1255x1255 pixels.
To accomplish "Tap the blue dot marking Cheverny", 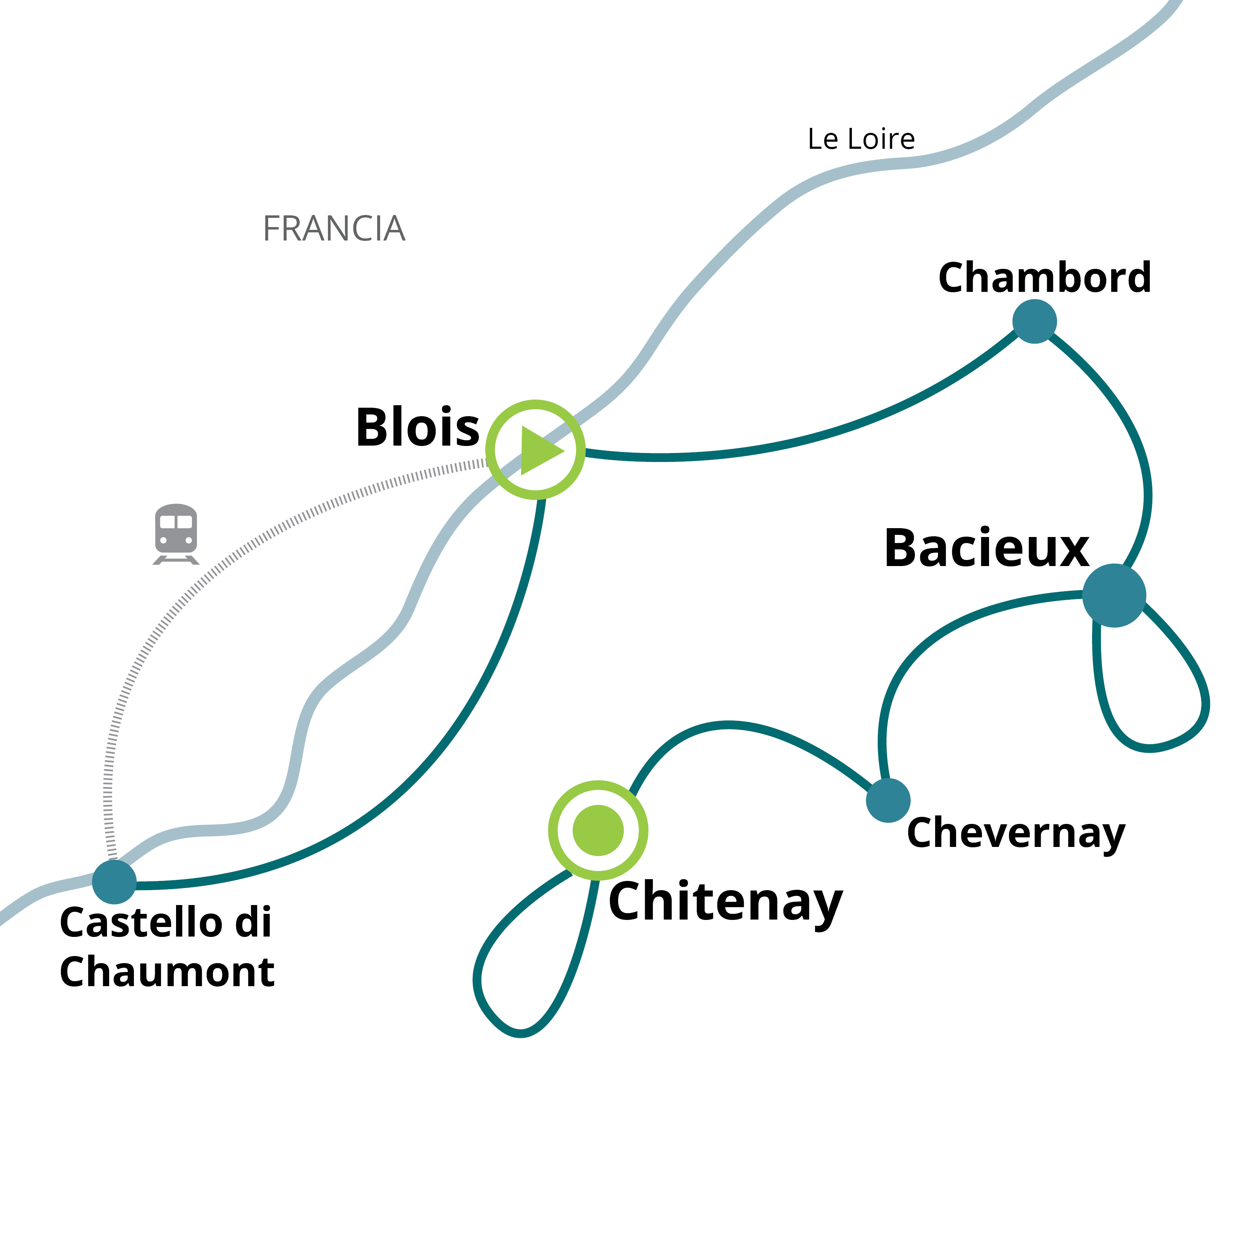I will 888,800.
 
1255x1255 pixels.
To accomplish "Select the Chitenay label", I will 725,902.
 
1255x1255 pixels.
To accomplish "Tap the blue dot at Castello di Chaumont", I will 114,882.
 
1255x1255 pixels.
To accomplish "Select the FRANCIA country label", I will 334,229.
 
